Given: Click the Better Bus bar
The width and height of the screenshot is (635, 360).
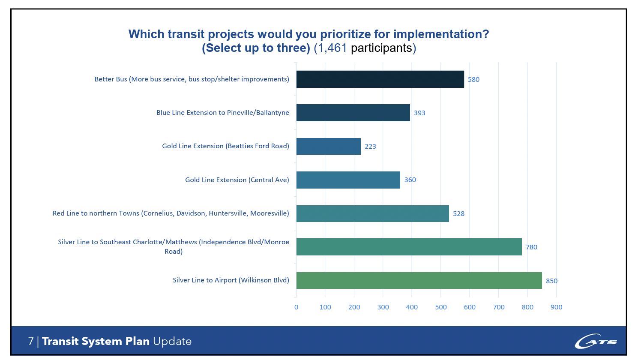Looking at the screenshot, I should [x=380, y=79].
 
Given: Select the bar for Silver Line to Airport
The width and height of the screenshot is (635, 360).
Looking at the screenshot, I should [x=419, y=280].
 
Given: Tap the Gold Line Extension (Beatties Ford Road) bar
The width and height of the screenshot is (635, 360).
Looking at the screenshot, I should [x=328, y=146].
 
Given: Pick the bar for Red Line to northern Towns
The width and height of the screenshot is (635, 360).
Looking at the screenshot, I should [x=372, y=213].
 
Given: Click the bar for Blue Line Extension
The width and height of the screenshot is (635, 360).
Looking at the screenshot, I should [x=353, y=113].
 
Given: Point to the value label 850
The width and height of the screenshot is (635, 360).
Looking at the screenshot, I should [x=551, y=281].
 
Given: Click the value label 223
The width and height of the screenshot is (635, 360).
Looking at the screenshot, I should [x=370, y=147].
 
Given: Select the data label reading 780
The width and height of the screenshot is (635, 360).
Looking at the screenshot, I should [x=531, y=247].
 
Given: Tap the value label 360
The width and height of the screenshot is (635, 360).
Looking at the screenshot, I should [x=410, y=180].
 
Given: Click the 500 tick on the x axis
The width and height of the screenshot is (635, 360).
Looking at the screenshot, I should [x=440, y=307].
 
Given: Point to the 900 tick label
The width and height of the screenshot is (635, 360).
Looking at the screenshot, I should [x=556, y=307].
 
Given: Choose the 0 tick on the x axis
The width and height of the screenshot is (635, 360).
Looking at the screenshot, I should [x=296, y=307].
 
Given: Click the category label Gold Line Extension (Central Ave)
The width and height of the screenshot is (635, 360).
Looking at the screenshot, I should [x=237, y=180].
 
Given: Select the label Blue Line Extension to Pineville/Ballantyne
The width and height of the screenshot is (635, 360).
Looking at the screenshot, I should [x=222, y=113].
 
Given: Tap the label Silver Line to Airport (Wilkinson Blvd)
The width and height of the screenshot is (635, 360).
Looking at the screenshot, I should [x=231, y=280].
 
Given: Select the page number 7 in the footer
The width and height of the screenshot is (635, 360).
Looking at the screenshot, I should [x=31, y=341].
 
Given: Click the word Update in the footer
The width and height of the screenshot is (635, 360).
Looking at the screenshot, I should [x=172, y=341].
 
